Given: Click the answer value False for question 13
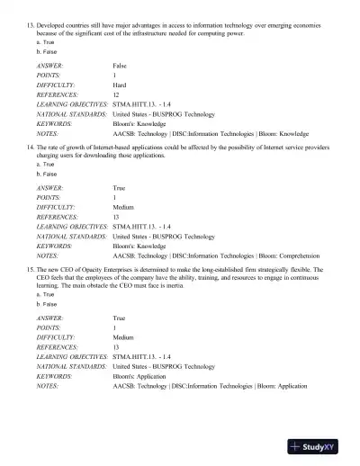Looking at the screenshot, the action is pos(120,67).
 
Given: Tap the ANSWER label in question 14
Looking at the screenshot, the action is pos(50,187).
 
